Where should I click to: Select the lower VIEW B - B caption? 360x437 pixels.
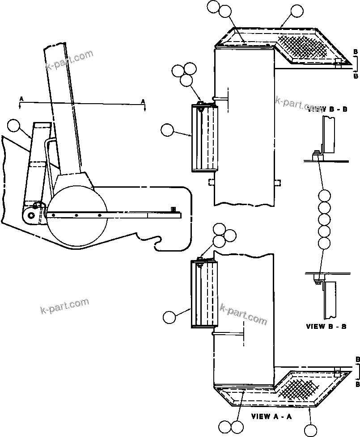point(326,327)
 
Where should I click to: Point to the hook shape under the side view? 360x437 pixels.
point(156,242)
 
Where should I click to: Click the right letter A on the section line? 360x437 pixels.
point(143,101)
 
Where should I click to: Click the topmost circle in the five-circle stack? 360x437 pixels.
point(325,195)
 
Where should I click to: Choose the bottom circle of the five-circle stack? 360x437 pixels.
point(325,244)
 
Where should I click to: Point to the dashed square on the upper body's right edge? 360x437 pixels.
point(277,182)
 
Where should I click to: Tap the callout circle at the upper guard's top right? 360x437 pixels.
point(296,11)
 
